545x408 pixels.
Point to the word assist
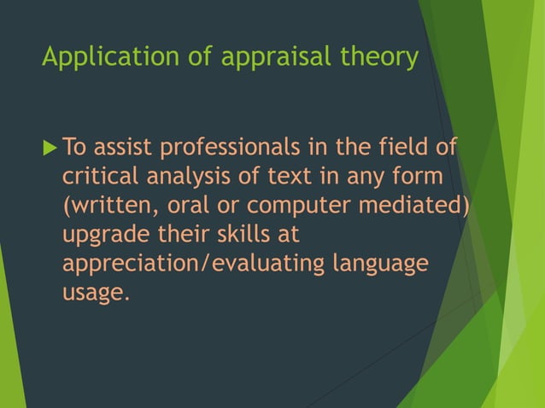tap(121, 149)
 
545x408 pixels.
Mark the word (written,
tap(105, 207)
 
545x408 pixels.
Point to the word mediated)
tap(424, 207)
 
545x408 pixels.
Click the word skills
tap(255, 236)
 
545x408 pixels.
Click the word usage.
tap(94, 294)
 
